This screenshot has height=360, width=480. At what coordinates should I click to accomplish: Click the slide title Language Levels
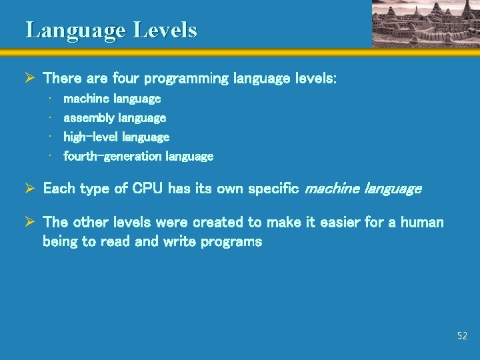point(111,30)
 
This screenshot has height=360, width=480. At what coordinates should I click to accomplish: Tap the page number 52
point(462,336)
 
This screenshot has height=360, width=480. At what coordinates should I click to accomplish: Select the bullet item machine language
point(112,99)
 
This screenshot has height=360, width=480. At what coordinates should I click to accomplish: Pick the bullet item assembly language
point(115,118)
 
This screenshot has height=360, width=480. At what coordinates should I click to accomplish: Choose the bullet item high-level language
point(117,137)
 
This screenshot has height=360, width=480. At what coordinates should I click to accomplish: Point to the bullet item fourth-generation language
point(138,157)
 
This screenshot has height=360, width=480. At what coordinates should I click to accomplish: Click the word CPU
point(147,189)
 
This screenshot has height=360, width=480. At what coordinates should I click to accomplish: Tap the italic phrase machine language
point(363,189)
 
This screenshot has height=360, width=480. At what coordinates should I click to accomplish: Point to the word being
point(60,241)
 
